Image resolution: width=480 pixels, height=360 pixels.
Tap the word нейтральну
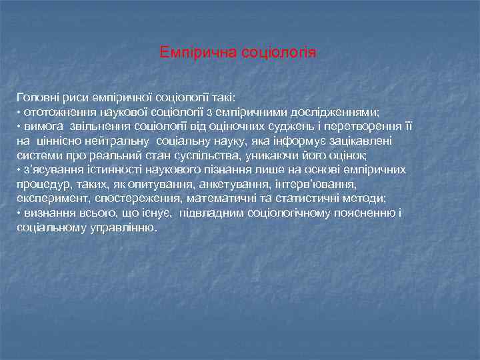pyautogui.click(x=121, y=141)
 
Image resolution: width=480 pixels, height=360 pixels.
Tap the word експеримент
pyautogui.click(x=48, y=199)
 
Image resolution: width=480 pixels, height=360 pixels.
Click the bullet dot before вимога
pyautogui.click(x=19, y=126)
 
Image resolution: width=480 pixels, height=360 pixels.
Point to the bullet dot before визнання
pyautogui.click(x=19, y=213)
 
